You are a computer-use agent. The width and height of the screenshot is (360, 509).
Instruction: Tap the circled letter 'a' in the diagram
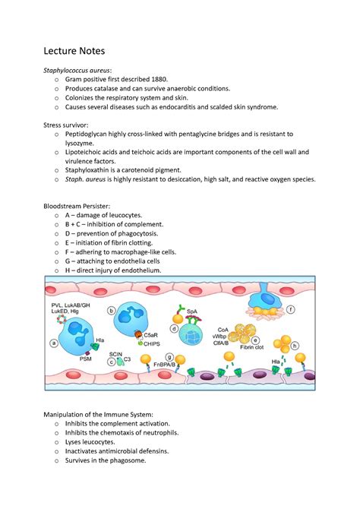pyautogui.click(x=53, y=343)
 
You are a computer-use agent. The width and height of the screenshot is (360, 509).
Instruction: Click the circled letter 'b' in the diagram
pyautogui.click(x=112, y=311)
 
